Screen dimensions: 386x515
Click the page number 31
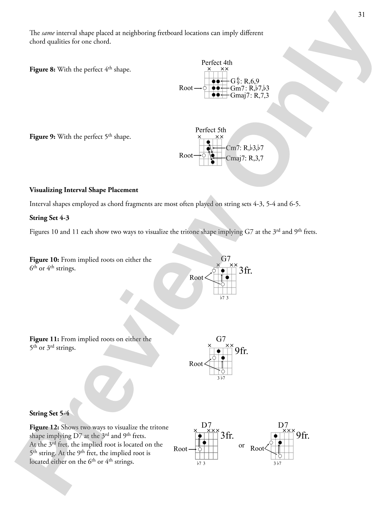click(361, 15)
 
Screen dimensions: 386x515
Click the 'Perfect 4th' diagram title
click(217, 63)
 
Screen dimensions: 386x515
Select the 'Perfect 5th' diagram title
click(211, 130)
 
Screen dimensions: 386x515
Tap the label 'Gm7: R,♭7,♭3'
click(250, 88)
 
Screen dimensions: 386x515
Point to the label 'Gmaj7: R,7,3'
click(250, 95)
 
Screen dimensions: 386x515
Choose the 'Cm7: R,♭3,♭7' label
click(245, 148)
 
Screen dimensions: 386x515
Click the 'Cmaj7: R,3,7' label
click(245, 158)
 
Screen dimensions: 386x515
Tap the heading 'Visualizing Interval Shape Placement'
click(84, 190)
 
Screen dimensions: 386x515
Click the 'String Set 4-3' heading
click(49, 218)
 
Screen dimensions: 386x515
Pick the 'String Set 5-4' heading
click(49, 413)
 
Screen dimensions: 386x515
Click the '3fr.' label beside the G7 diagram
click(245, 270)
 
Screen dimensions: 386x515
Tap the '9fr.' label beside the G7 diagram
click(241, 351)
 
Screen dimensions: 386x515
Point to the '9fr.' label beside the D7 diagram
click(303, 436)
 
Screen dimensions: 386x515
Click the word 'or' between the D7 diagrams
click(242, 446)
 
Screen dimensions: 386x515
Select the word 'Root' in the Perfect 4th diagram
click(186, 88)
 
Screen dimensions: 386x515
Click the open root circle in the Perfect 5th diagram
click(204, 155)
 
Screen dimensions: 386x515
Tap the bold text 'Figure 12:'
click(44, 427)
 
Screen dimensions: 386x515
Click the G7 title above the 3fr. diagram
click(226, 258)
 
